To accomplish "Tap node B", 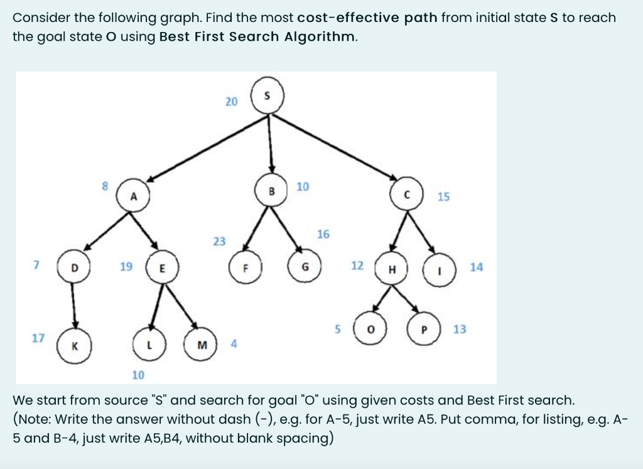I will (272, 190).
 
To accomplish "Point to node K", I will (74, 346).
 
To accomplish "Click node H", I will (392, 269).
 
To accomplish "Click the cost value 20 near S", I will (231, 101).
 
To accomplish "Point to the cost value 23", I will (219, 241).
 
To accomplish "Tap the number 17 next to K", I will (38, 338).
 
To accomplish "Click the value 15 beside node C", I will (443, 197).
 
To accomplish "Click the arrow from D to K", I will (73, 306).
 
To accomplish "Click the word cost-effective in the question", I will (359, 18).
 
